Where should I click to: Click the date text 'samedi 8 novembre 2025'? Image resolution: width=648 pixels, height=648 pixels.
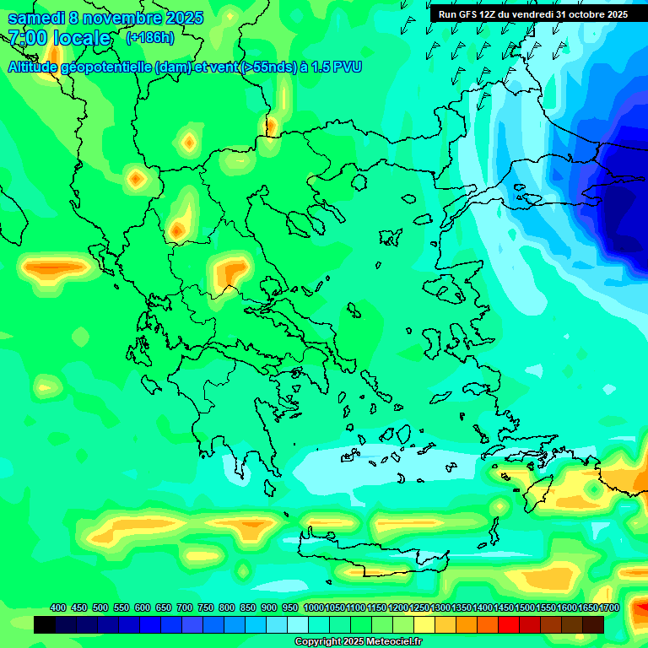[105, 18]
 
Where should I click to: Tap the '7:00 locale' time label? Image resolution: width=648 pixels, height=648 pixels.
[59, 38]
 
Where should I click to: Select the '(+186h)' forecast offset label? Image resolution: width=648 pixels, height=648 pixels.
[149, 38]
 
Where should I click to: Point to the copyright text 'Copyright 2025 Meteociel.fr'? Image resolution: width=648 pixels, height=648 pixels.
[359, 642]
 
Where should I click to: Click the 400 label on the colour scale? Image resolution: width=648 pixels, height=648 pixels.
[58, 608]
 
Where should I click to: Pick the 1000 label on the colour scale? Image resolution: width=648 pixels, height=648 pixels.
[313, 608]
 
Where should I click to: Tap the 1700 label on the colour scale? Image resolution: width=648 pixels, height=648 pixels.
[609, 608]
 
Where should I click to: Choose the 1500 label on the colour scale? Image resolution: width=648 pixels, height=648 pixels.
[525, 608]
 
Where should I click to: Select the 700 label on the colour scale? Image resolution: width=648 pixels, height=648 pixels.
[185, 608]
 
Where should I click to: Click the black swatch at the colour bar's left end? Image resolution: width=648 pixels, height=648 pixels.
[45, 624]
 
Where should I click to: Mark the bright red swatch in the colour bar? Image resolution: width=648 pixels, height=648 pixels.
[509, 624]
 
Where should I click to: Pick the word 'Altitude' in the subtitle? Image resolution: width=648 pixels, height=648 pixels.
[37, 67]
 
